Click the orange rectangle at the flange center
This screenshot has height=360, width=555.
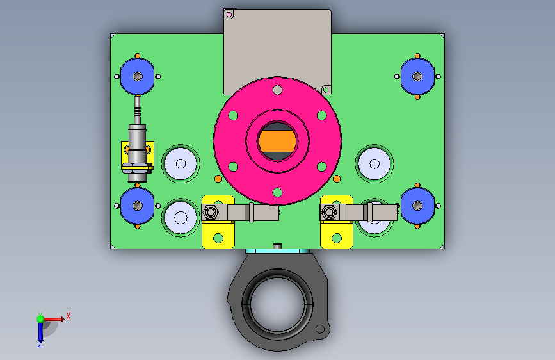point(277,141)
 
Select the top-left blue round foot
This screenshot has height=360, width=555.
point(138,76)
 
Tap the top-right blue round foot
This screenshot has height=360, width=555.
point(417,76)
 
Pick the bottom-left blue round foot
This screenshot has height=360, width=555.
point(138,206)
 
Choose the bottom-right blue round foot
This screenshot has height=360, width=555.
point(417,206)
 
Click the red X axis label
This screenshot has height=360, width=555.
point(68,316)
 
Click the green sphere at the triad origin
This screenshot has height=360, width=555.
point(40,319)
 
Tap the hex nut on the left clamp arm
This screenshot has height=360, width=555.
point(211,213)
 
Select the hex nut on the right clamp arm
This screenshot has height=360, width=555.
point(329,213)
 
